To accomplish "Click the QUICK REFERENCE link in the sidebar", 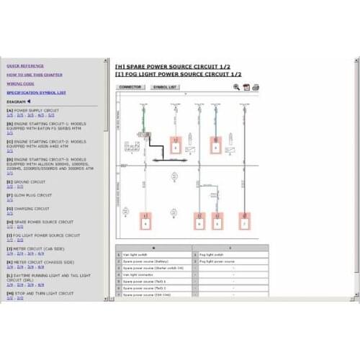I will coord(24,66).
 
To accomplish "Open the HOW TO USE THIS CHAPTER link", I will coord(34,74).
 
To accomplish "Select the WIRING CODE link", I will coord(21,84).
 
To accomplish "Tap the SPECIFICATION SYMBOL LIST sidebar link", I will coord(36,92).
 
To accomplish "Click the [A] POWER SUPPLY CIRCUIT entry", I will coord(32,110).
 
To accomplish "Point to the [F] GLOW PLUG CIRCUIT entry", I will coord(30,194).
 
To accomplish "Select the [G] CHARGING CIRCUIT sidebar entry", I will coord(29,209).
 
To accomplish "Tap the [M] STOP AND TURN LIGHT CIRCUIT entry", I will coord(40,293).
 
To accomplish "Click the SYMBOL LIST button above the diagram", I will coord(165,87).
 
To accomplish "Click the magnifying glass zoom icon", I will coord(236,87).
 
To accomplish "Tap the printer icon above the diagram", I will coord(255,87).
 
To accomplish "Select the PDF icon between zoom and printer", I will coord(246,87).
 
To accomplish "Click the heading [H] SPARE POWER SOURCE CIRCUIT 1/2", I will coord(171,66).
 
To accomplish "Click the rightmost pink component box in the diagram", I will coord(245,223).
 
